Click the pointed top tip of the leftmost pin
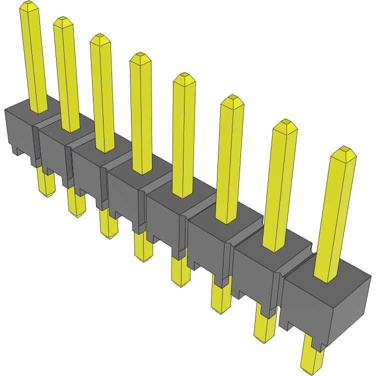click(28, 5)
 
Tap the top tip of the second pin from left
click(62, 20)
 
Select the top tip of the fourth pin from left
click(140, 56)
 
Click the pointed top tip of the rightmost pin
click(343, 151)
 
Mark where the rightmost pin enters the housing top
click(327, 277)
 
